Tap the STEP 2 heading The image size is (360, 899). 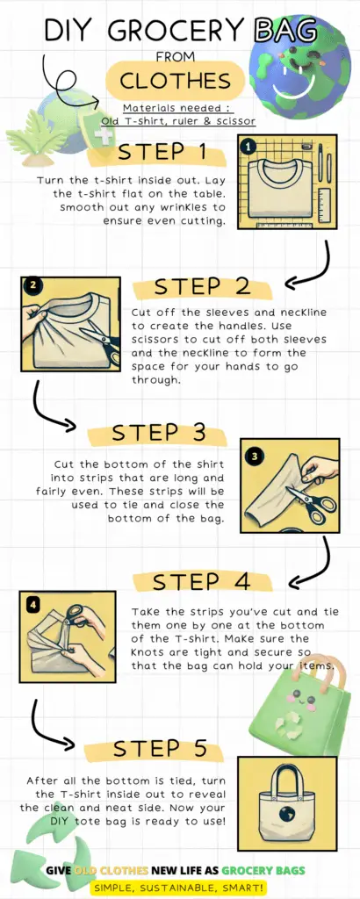tap(202, 287)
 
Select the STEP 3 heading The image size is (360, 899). tap(158, 433)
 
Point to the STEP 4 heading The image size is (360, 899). tap(202, 581)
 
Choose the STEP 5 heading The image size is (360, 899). tap(155, 749)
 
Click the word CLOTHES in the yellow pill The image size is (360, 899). tap(175, 81)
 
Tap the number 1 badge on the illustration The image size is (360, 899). tap(248, 147)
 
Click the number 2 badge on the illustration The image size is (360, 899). tap(32, 285)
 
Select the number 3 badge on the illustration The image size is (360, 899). tap(255, 457)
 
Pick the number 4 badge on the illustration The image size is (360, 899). tap(32, 604)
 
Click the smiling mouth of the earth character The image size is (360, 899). tap(297, 85)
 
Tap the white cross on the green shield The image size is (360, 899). tap(103, 136)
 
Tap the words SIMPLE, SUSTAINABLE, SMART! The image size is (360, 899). tap(179, 888)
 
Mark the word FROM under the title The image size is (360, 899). tap(176, 57)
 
